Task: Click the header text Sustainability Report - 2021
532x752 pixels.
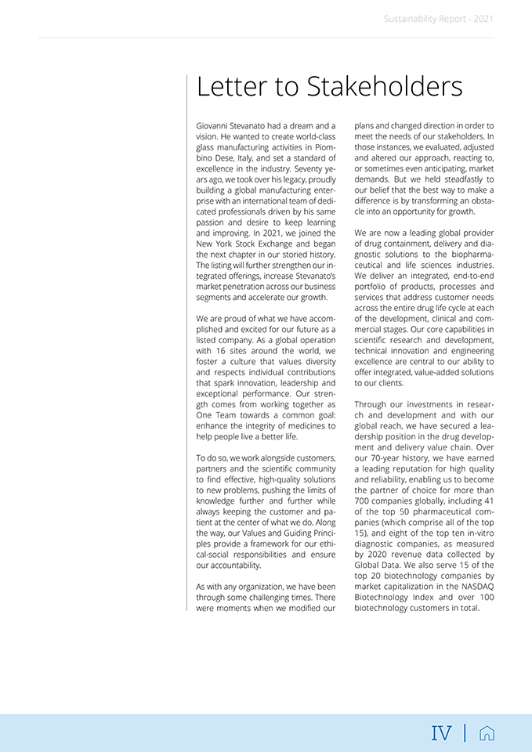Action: coord(439,19)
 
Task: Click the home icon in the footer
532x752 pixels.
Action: coord(487,733)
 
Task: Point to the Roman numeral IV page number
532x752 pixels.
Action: coord(441,733)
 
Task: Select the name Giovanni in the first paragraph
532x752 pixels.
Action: coord(213,125)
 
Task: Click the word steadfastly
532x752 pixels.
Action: coord(448,179)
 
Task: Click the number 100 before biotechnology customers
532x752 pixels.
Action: coord(486,598)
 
